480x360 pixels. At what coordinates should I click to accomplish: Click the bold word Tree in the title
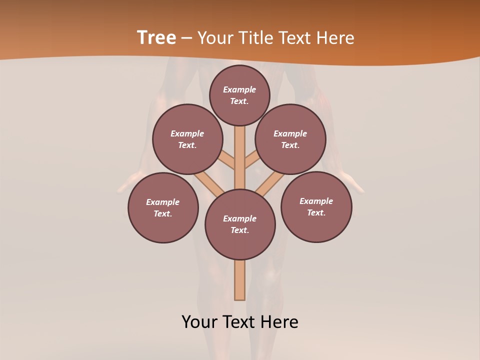156,37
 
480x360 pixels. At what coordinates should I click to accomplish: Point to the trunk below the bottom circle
240,280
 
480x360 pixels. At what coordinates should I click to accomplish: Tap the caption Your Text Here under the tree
240,322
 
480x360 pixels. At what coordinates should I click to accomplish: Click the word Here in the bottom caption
280,322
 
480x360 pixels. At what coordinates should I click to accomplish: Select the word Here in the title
335,38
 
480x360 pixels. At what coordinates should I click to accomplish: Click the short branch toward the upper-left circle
226,160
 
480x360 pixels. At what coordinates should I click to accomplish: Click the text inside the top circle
239,95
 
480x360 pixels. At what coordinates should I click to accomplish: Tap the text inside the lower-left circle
163,208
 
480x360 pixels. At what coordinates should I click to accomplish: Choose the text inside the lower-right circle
316,207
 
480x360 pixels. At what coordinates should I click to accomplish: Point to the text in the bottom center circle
240,224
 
